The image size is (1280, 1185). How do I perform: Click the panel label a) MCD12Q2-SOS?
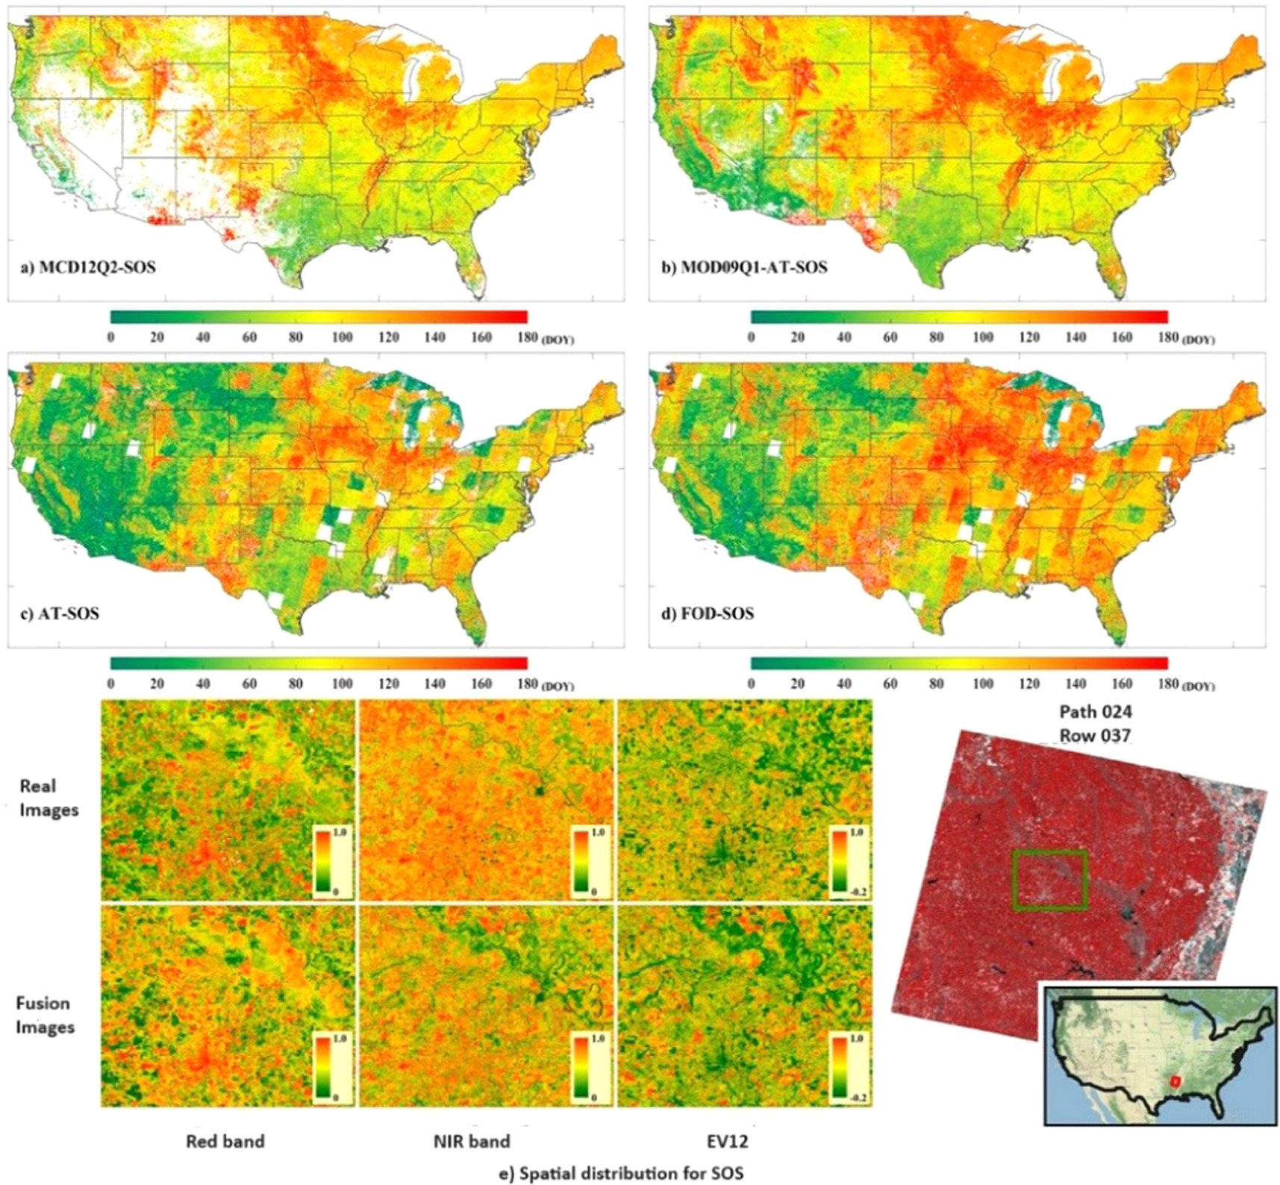tap(88, 266)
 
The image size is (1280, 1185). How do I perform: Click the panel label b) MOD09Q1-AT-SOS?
tap(744, 266)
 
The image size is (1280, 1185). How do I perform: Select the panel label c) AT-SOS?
tap(60, 613)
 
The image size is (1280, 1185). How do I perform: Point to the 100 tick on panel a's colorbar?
tap(342, 337)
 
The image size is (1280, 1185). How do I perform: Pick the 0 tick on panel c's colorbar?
tap(111, 684)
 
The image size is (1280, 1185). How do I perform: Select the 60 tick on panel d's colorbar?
tap(890, 684)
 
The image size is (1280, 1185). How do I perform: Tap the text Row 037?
tap(1095, 735)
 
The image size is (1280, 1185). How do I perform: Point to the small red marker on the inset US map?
tap(1176, 1081)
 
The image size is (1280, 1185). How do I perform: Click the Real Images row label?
tap(49, 798)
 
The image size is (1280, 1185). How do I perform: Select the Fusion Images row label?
tap(46, 1015)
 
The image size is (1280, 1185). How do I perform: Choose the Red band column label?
tap(225, 1141)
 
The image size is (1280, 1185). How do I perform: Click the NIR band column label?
tap(472, 1141)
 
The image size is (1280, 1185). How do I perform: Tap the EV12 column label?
tap(728, 1141)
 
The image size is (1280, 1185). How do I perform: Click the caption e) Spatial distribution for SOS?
tap(620, 1173)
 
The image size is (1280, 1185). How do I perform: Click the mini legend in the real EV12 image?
tap(848, 861)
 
